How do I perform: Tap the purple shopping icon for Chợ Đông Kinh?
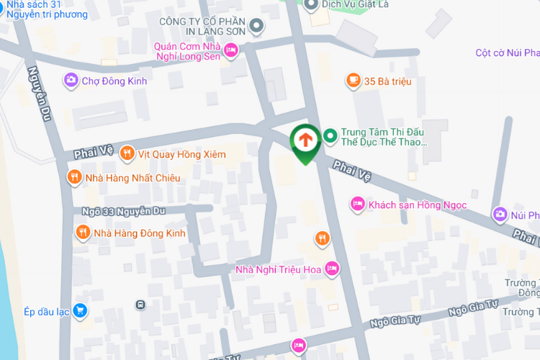[71, 81]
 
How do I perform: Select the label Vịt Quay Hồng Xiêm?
[182, 154]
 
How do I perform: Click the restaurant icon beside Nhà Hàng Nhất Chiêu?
[73, 178]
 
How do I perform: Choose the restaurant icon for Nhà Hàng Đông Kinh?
[83, 233]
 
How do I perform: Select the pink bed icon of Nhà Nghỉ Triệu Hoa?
[332, 269]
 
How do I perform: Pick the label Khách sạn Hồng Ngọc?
[418, 205]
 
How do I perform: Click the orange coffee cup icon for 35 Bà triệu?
[353, 81]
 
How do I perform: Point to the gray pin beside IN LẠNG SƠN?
[257, 29]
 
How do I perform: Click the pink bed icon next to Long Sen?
[230, 50]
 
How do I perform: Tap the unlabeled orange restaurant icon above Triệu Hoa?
[322, 238]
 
